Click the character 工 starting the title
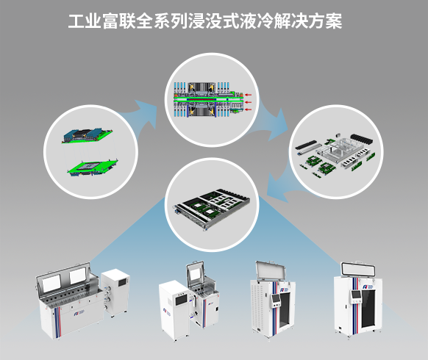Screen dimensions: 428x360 (76, 21)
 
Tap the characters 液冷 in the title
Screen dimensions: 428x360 (257, 21)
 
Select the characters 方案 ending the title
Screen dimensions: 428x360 (325, 21)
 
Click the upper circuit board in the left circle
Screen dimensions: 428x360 (87, 135)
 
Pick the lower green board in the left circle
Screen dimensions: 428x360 (92, 168)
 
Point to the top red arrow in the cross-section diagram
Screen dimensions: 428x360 (248, 95)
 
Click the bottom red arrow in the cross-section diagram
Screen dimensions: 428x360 (248, 109)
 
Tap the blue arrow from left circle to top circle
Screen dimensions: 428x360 (142, 112)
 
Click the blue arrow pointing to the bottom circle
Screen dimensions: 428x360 (277, 188)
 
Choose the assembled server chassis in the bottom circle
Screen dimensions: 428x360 (212, 209)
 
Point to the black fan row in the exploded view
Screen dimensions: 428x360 (361, 139)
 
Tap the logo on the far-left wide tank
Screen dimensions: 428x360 (78, 314)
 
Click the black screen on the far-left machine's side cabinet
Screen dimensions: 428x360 (122, 281)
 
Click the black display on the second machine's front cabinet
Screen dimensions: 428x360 (181, 300)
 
